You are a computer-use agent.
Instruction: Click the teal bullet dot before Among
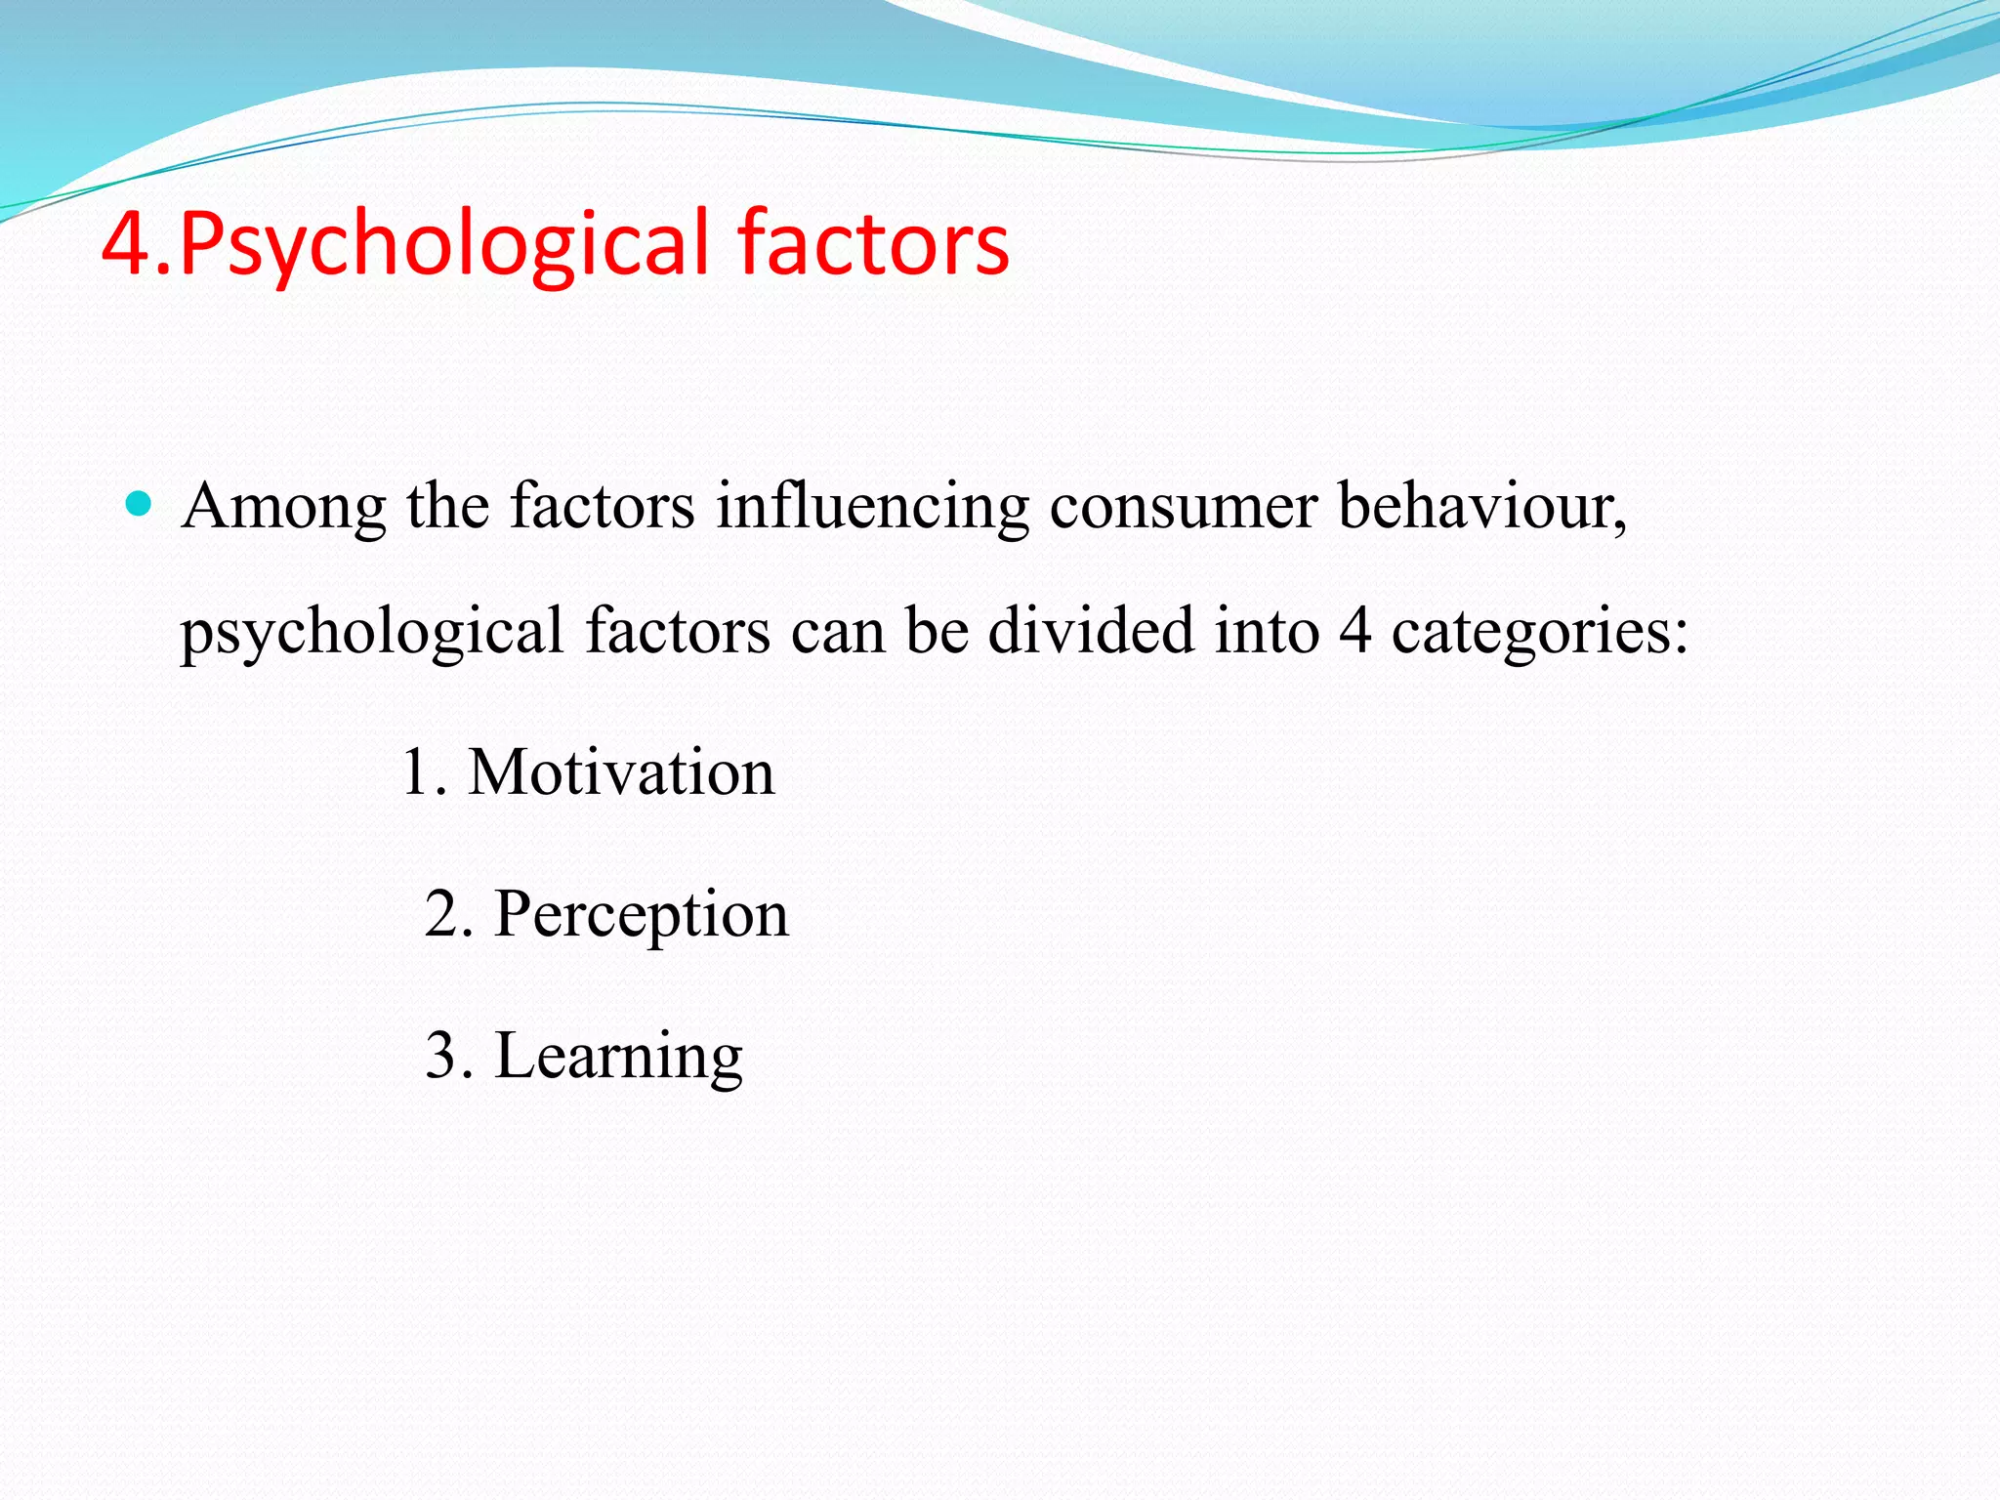140,504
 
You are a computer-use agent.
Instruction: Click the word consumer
1183,507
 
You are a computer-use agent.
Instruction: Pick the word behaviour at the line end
1480,507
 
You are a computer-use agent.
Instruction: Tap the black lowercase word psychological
372,632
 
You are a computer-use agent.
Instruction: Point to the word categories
1539,632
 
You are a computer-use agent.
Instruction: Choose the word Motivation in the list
621,772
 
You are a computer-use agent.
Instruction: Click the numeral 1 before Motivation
414,772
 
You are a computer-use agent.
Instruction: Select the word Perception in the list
642,916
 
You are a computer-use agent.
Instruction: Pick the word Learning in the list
619,1058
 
